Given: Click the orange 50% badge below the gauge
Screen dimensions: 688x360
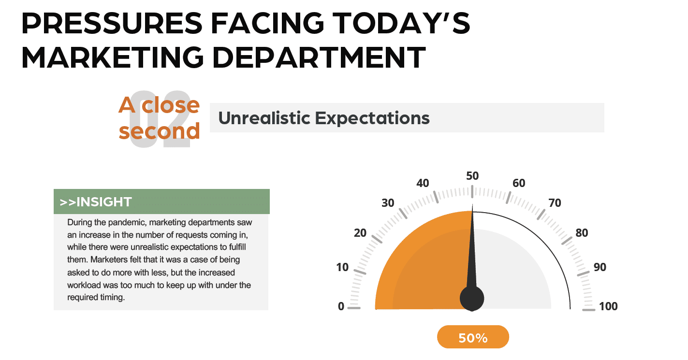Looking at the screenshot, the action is (x=473, y=337).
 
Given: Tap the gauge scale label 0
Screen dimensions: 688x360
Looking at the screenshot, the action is (x=341, y=306).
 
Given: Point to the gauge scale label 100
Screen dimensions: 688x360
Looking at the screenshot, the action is (x=608, y=306).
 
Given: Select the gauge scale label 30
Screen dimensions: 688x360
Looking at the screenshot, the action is (x=388, y=203).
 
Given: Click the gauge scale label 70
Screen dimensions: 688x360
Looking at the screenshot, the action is (x=555, y=203).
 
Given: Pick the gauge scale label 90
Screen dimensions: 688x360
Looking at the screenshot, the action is (x=600, y=267).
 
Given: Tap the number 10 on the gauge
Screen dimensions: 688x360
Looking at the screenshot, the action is (x=342, y=267).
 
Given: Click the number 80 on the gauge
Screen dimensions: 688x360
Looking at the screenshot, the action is (x=582, y=233).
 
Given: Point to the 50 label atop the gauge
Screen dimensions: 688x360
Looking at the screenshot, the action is (x=472, y=176).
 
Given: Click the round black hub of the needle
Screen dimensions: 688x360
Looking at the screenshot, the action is (x=472, y=298).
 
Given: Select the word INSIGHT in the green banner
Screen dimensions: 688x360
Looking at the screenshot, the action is (x=104, y=202).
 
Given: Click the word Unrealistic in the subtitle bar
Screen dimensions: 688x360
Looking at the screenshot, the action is (x=264, y=118).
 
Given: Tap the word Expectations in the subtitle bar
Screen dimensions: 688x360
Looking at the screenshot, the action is (x=372, y=118).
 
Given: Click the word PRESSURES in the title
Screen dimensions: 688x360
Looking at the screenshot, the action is (x=112, y=23).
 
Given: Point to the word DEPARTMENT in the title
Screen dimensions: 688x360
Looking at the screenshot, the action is (x=319, y=57).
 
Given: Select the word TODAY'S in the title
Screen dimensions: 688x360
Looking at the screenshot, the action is (x=401, y=23).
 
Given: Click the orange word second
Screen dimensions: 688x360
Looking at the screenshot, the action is (x=159, y=131).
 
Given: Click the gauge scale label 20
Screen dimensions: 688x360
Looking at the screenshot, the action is (x=360, y=233).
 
